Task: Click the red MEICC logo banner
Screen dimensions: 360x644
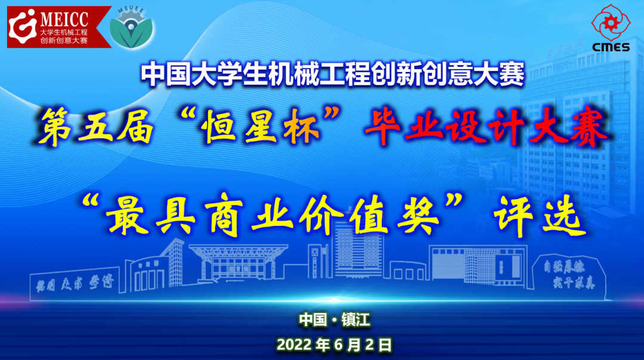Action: click(58, 27)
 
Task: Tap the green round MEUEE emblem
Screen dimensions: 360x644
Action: click(132, 27)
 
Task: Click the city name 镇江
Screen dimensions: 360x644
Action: click(356, 320)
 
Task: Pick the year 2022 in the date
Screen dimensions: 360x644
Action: click(295, 344)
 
